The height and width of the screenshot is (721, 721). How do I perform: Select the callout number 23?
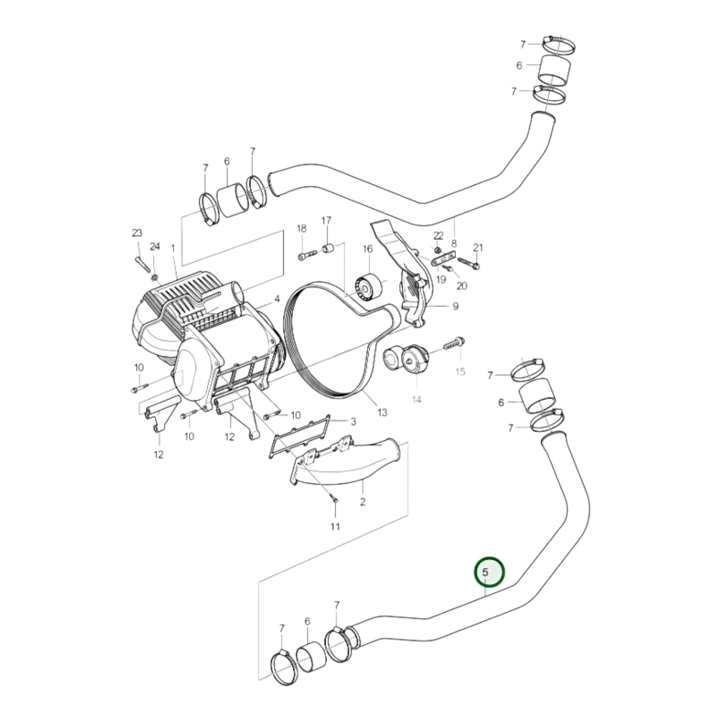pos(137,233)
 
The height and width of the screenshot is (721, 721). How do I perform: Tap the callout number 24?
pos(155,246)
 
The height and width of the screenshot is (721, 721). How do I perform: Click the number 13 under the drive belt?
pos(382,413)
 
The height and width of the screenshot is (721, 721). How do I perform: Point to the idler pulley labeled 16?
pos(368,288)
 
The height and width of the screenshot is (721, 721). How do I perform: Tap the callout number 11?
pos(335,526)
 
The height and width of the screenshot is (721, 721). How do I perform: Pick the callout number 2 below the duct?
pos(363,501)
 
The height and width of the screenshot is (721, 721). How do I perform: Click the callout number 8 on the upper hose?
pos(454,243)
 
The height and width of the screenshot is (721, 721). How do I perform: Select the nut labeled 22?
pos(438,249)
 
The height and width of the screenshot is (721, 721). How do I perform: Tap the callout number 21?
pos(478,247)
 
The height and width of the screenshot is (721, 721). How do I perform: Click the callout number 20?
pos(462,286)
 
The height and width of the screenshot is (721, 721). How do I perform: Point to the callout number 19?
pos(441,279)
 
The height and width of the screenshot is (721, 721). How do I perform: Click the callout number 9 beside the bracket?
pos(455,306)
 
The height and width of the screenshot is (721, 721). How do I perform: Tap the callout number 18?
pos(302,229)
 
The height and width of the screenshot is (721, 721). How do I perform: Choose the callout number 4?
pos(276,300)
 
